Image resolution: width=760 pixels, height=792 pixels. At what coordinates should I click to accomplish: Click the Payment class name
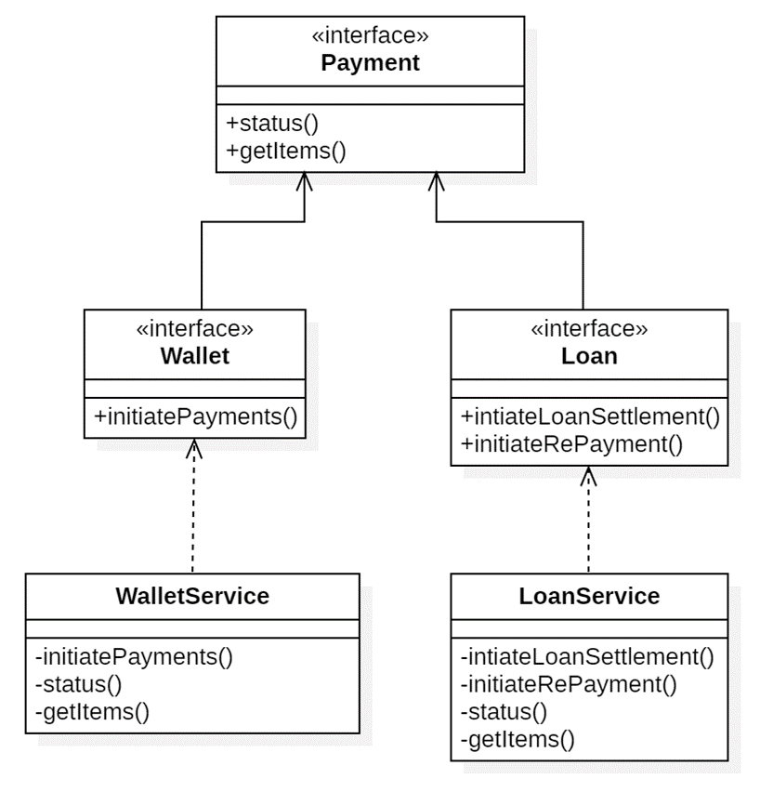[x=370, y=63]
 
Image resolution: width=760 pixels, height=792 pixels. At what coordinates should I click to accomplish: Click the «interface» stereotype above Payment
[x=370, y=37]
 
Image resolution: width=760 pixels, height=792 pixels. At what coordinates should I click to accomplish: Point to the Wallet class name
[x=194, y=356]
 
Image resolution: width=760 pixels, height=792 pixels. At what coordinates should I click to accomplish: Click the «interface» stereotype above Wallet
[x=194, y=330]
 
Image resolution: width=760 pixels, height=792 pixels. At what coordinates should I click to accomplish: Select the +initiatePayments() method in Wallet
[x=195, y=416]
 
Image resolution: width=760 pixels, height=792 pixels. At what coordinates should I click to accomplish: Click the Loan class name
[x=590, y=356]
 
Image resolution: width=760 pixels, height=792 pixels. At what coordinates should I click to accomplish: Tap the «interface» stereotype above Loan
[x=590, y=330]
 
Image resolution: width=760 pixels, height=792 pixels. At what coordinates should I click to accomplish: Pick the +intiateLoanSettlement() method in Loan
[x=590, y=416]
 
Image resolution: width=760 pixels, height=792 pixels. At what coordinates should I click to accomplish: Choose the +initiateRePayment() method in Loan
[x=571, y=443]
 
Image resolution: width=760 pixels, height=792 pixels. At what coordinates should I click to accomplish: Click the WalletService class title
[x=192, y=596]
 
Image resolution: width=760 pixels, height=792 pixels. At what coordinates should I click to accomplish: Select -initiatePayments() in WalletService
[x=133, y=657]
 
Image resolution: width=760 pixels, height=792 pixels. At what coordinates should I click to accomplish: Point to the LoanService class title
[x=589, y=596]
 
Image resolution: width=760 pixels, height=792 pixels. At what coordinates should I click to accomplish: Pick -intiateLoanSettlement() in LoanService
[x=587, y=657]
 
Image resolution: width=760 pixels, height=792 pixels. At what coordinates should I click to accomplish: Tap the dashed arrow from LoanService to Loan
[x=588, y=521]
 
